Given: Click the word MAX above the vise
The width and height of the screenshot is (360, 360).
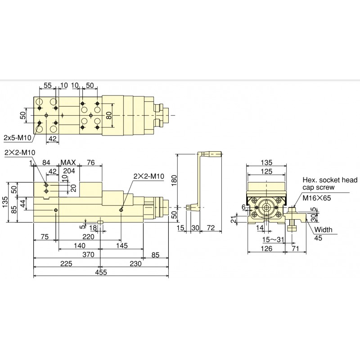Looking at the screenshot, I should click(x=69, y=162).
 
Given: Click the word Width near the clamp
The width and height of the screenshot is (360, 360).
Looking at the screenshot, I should click(x=324, y=230).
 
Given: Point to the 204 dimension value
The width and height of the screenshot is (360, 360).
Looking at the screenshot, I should click(x=69, y=171).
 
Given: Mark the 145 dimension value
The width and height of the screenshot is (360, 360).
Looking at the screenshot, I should click(x=121, y=246).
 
